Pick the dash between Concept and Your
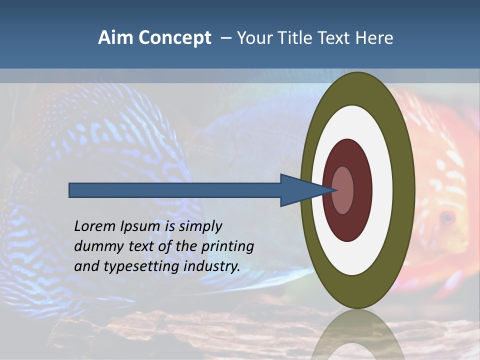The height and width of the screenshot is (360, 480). (225, 38)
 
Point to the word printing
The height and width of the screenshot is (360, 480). (227, 246)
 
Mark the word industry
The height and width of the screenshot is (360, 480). (211, 266)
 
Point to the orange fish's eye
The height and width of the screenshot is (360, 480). (447, 217)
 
